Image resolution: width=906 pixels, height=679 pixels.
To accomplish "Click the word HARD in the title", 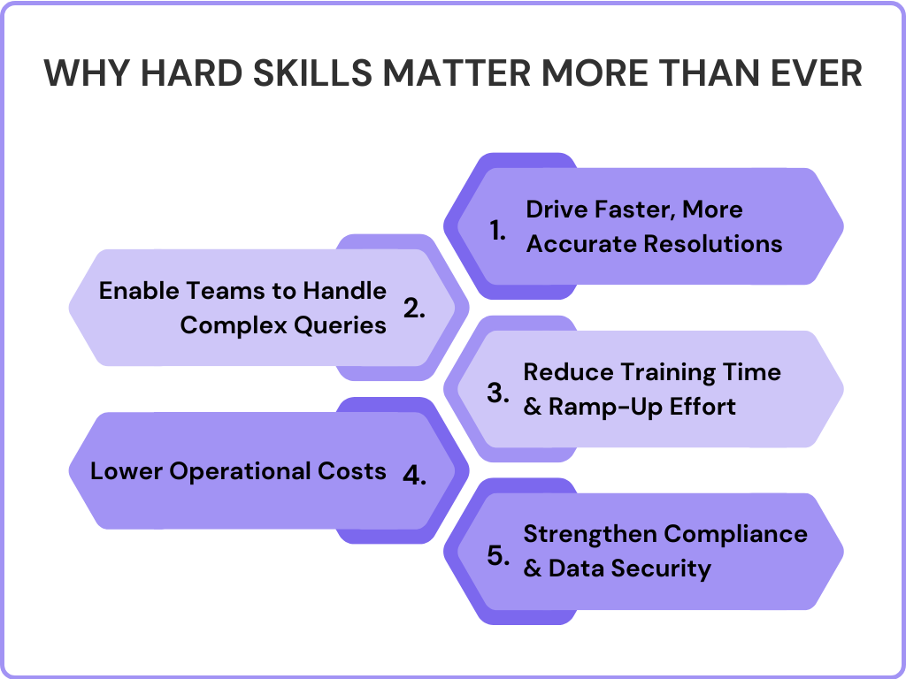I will [x=181, y=73].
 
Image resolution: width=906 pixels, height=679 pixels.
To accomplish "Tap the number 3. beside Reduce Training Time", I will [x=498, y=393].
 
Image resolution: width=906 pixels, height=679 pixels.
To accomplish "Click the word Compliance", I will [x=736, y=534].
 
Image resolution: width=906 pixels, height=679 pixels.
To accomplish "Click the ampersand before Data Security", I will [x=533, y=568].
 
